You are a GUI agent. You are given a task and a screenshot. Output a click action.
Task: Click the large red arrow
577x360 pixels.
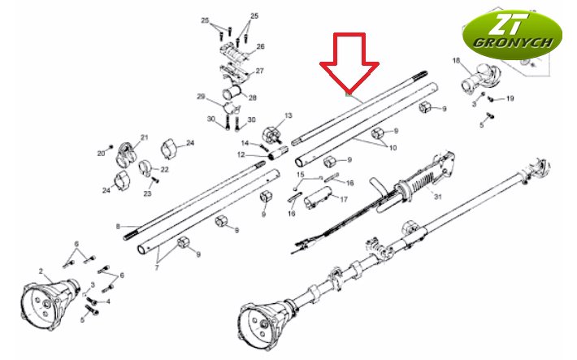pos(349,63)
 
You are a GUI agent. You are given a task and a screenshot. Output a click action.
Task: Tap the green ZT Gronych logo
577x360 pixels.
pos(512,35)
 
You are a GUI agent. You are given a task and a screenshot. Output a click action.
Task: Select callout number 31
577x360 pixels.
pos(437,197)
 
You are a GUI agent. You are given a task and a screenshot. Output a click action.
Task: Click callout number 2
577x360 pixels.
pos(41,271)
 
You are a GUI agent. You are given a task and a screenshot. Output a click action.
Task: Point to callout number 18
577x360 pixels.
pos(456,60)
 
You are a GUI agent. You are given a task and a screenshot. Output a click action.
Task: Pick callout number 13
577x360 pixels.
pos(288,115)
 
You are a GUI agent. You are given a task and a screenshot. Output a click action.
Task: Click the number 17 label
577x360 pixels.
pos(344,200)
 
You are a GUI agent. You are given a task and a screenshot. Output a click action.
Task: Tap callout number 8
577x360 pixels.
pos(118,227)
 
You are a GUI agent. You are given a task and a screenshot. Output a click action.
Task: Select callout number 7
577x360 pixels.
pos(157,268)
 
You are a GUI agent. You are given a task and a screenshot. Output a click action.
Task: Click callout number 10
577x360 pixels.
pos(393,148)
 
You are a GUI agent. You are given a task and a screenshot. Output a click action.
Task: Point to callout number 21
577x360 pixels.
pos(145,137)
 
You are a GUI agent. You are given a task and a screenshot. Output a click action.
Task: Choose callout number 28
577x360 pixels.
pos(253,98)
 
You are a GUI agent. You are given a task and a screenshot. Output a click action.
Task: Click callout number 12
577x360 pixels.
pos(241,155)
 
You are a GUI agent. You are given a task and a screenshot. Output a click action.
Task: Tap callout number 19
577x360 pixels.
pos(510,98)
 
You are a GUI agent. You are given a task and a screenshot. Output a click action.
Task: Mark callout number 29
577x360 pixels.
pos(201,97)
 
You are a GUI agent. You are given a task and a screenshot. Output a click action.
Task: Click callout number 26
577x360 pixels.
pos(260,46)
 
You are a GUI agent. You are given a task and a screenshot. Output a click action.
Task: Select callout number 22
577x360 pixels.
pos(164,169)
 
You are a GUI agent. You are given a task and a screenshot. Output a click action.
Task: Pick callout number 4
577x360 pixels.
pos(108,301)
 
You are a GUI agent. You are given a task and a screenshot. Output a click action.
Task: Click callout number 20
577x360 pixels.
pos(102,154)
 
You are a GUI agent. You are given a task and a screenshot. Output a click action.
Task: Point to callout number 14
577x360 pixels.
pos(245,143)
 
